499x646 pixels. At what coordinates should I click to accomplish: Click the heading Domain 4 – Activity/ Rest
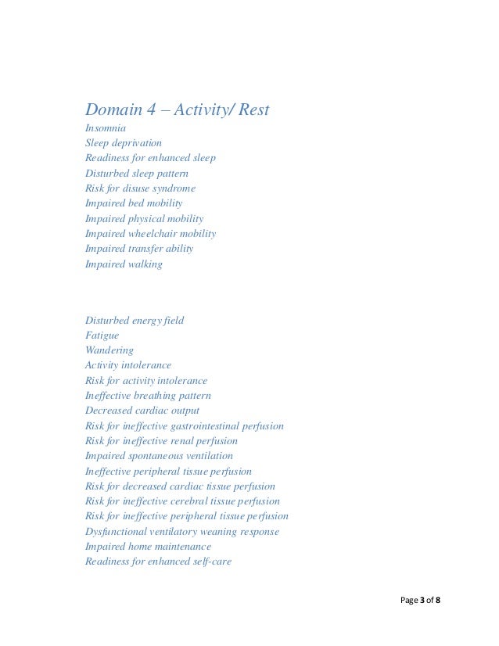[177, 109]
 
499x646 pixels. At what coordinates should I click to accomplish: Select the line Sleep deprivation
[124, 143]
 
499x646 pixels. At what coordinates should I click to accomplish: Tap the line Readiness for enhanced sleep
[150, 158]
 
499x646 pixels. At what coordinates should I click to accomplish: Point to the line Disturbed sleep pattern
[136, 173]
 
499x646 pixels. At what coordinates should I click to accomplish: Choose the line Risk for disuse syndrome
[140, 188]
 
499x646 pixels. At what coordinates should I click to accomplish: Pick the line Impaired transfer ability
[138, 249]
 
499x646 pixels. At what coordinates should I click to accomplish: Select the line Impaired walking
[124, 264]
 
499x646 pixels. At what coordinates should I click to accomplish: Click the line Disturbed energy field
[135, 320]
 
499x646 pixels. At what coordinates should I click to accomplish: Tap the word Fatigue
[102, 335]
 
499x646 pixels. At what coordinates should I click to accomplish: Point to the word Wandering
[109, 350]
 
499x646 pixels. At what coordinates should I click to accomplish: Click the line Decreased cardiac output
[142, 411]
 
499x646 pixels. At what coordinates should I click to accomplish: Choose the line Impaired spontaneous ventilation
[158, 456]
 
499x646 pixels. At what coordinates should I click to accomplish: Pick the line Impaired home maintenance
[147, 547]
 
